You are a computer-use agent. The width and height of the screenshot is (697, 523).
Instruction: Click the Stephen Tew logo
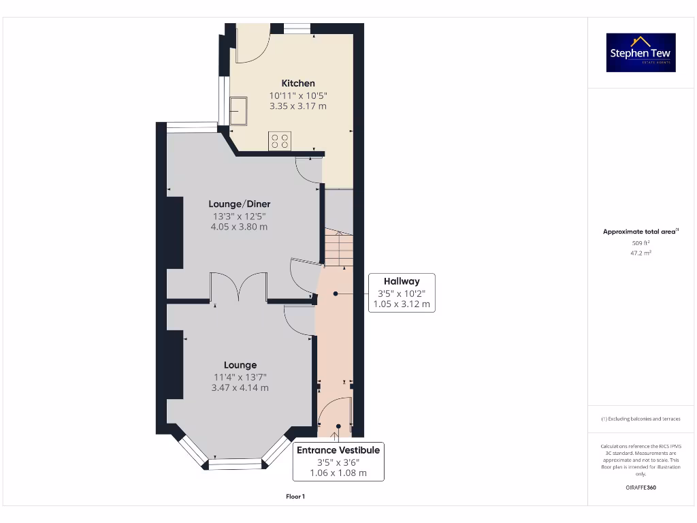point(641,52)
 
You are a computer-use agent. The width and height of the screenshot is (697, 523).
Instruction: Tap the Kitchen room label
point(298,83)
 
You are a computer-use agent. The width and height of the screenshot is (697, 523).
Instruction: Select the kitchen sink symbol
point(239,111)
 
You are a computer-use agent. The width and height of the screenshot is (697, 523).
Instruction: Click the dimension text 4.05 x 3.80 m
point(238,227)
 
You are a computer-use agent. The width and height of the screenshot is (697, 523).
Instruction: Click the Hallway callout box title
point(402,281)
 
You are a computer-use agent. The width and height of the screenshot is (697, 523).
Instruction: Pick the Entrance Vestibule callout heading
point(338,450)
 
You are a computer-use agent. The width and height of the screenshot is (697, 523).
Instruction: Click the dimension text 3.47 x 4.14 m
point(240,387)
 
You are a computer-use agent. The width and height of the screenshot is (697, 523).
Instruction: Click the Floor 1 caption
point(295,496)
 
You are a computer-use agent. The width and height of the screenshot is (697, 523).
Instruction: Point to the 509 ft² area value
point(641,242)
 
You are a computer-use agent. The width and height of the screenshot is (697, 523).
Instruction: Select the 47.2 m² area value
point(641,253)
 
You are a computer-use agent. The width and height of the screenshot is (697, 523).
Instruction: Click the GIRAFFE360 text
point(641,488)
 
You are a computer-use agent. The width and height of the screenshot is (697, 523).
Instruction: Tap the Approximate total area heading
point(640,232)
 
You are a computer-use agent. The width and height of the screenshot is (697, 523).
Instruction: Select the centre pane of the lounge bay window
point(235,464)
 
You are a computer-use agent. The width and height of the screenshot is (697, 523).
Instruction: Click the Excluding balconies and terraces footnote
point(641,419)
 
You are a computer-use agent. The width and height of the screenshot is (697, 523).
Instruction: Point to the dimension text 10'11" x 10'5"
point(298,95)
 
